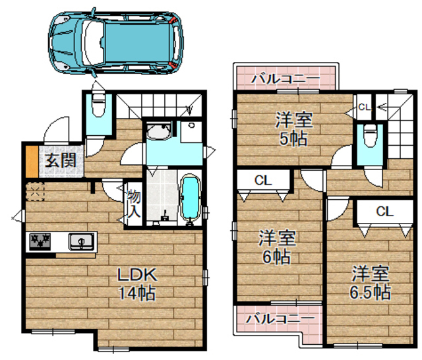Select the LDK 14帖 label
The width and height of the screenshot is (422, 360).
pos(136,283)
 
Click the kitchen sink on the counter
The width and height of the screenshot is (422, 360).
pos(81,241)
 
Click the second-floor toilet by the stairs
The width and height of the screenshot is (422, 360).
pos(370,135)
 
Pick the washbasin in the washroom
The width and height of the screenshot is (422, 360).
pos(158,133)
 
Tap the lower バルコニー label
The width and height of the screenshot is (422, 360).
pos(280,318)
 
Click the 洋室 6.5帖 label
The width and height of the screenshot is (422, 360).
pos(370,282)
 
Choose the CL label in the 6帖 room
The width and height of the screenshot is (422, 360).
pos(263,179)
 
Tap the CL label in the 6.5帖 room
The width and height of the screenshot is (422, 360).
pos(385,211)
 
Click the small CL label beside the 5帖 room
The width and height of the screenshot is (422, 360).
pos(364,105)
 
